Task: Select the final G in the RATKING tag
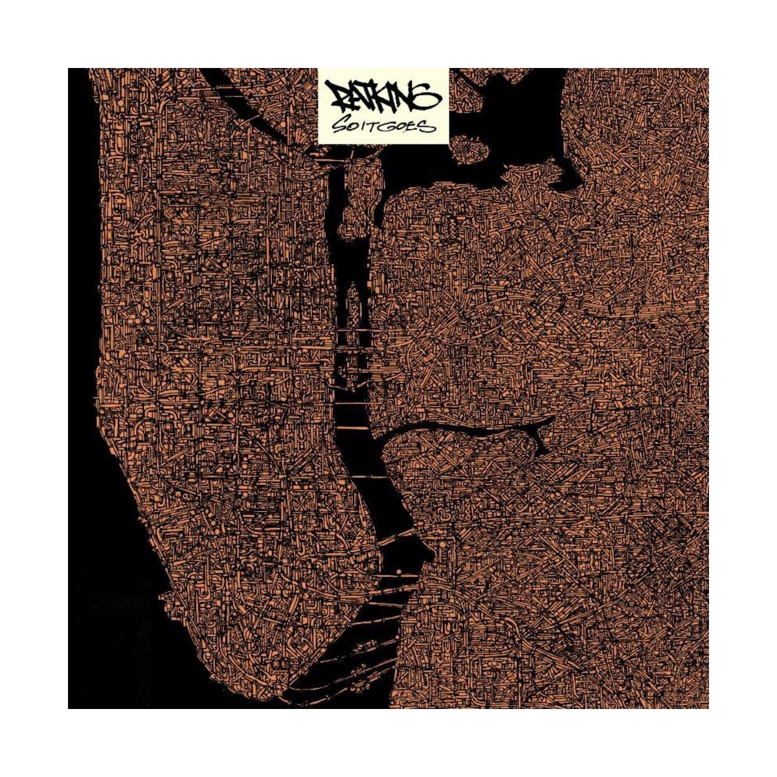pos(429,98)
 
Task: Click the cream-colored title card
pos(383,105)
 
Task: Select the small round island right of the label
pos(470,151)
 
